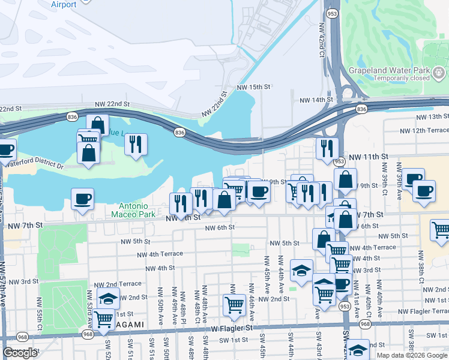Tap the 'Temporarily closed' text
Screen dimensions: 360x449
click(x=402, y=78)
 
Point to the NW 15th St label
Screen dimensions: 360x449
click(x=254, y=87)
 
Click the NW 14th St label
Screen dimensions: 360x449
click(x=316, y=100)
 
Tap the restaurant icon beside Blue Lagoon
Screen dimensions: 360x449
click(x=136, y=144)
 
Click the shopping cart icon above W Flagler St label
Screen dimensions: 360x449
click(x=234, y=304)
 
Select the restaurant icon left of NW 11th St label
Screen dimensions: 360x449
click(x=327, y=148)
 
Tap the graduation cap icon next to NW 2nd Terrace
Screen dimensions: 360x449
click(x=108, y=298)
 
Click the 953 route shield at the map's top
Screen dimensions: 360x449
click(x=331, y=13)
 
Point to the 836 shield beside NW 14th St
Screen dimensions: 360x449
click(x=361, y=109)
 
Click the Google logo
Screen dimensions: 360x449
click(x=20, y=353)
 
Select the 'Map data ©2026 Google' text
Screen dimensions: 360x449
click(x=411, y=355)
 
